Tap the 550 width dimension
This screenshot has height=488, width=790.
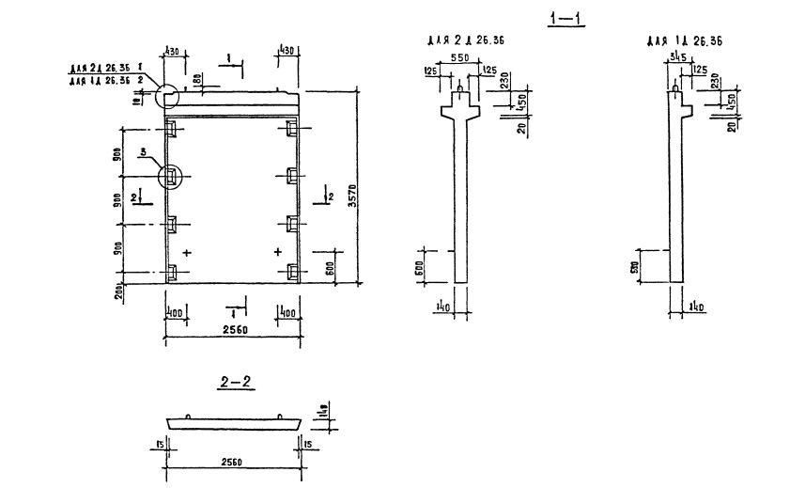459,57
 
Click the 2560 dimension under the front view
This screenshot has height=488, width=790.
231,330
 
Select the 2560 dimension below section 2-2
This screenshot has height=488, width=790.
231,463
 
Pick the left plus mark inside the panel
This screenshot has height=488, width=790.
188,253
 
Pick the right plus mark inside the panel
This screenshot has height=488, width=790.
277,253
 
